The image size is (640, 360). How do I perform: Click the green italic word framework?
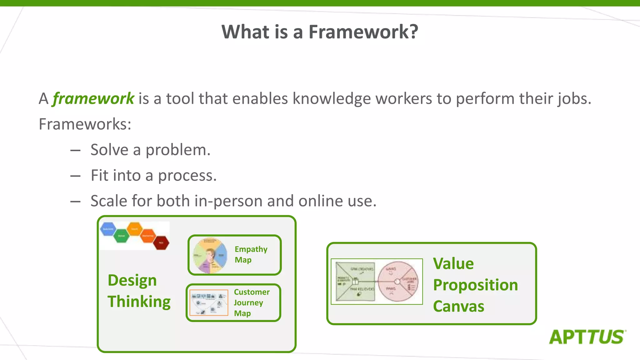[x=93, y=99]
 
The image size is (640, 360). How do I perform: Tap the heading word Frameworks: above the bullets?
[x=85, y=124]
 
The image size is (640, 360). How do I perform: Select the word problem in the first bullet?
[x=178, y=150]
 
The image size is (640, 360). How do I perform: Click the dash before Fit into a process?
[x=75, y=176]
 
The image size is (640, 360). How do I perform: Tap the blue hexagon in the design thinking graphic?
[x=108, y=229]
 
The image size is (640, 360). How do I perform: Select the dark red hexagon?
[x=161, y=242]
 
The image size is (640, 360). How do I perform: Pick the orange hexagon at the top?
[x=135, y=229]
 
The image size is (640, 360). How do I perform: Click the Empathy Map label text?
[x=251, y=254]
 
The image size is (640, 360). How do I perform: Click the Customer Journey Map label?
[x=251, y=302]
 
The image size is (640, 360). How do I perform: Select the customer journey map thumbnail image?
[x=209, y=302]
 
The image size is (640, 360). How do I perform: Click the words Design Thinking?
[x=138, y=291]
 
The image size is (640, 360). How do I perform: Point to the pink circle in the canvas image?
[x=397, y=282]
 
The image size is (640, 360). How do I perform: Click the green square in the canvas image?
[x=355, y=282]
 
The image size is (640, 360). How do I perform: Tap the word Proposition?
[x=475, y=285]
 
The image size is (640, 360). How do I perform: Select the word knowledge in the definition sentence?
[x=332, y=99]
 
